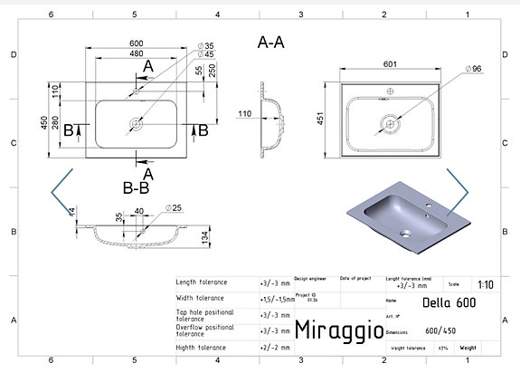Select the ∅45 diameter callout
[x=207, y=55]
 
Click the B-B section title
[x=136, y=189]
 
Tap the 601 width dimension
[x=390, y=64]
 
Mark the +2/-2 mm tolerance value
[x=275, y=347]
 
